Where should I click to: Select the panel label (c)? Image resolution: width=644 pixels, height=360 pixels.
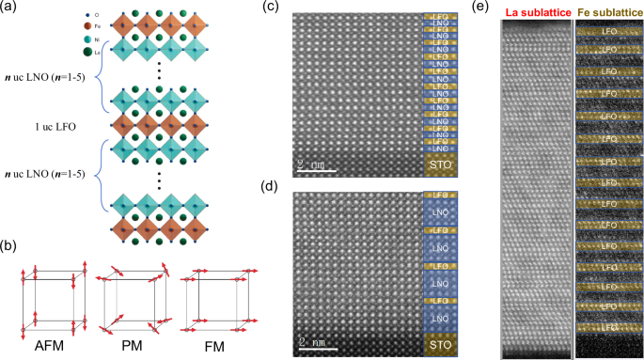[270, 8]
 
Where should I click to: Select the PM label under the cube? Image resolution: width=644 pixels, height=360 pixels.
[134, 346]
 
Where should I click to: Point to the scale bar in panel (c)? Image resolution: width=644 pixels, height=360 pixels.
[317, 170]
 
